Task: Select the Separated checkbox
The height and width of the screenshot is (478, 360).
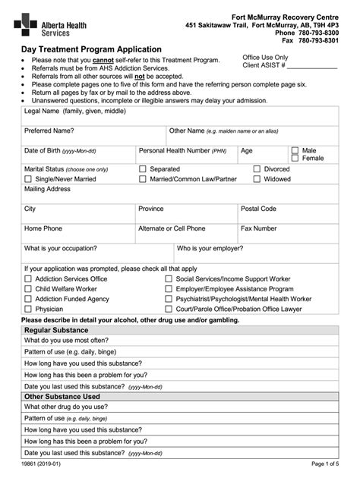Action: (x=142, y=169)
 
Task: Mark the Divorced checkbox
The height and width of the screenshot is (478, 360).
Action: (x=257, y=169)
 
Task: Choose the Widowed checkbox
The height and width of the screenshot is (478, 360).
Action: (x=257, y=180)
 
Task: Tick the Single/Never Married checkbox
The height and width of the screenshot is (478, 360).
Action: (x=28, y=180)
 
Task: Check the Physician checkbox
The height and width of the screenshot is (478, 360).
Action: (x=28, y=310)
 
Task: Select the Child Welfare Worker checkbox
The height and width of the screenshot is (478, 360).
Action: (x=28, y=289)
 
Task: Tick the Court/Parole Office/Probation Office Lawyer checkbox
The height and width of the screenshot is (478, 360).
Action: (x=169, y=310)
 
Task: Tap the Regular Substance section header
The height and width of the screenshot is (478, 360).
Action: (x=56, y=330)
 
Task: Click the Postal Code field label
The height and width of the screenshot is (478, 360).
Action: (x=258, y=209)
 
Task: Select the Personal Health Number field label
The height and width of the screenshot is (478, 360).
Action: (x=182, y=151)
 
